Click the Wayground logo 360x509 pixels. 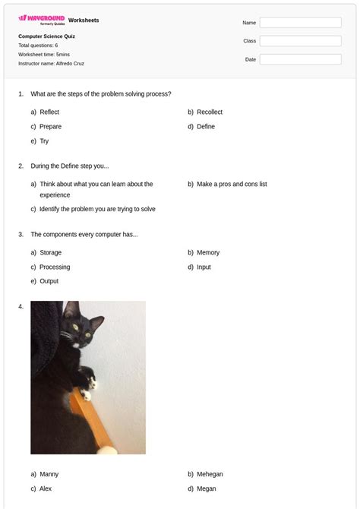pyautogui.click(x=41, y=20)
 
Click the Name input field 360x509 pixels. pyautogui.click(x=300, y=23)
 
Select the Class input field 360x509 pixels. pyautogui.click(x=300, y=41)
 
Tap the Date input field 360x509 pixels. pyautogui.click(x=300, y=59)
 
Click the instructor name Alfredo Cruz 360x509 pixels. pyautogui.click(x=70, y=64)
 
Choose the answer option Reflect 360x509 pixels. pyautogui.click(x=49, y=112)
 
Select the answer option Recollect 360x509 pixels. pyautogui.click(x=210, y=112)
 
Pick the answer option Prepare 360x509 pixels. pyautogui.click(x=51, y=127)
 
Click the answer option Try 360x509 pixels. pyautogui.click(x=44, y=141)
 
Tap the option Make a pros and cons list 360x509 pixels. pyautogui.click(x=232, y=184)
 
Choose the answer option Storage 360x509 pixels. pyautogui.click(x=51, y=253)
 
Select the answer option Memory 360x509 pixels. pyautogui.click(x=208, y=253)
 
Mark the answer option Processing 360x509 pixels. pyautogui.click(x=55, y=267)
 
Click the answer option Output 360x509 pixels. pyautogui.click(x=49, y=282)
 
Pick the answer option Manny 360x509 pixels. pyautogui.click(x=49, y=474)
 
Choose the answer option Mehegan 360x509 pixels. pyautogui.click(x=210, y=474)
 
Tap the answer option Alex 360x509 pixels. pyautogui.click(x=46, y=488)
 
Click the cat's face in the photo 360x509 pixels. pyautogui.click(x=77, y=330)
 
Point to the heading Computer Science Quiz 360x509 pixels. pyautogui.click(x=46, y=36)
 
